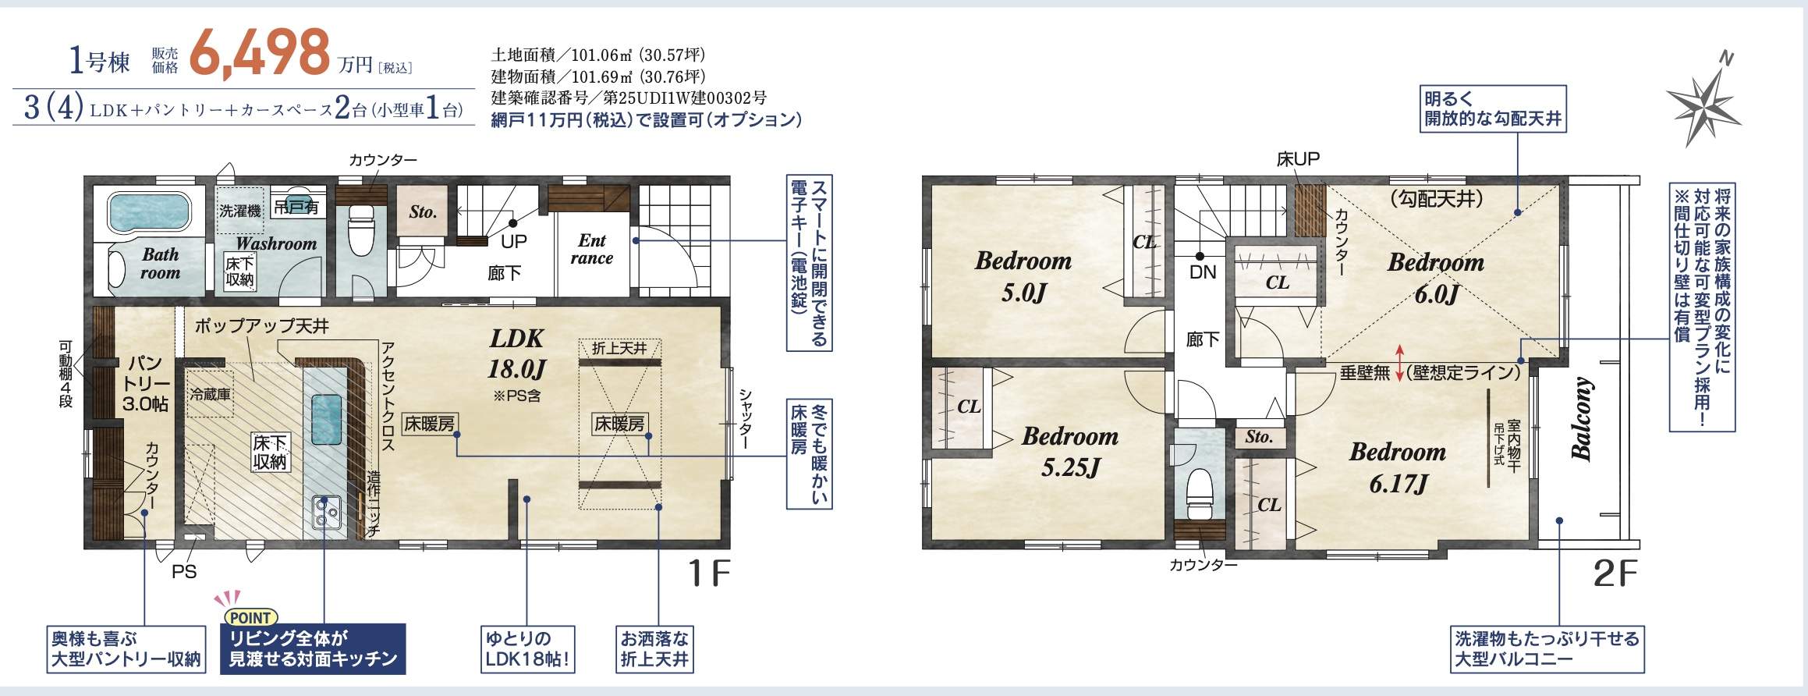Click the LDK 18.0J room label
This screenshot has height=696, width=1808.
point(516,353)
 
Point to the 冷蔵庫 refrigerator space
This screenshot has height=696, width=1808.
point(210,395)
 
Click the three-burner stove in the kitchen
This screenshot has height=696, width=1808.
point(327,513)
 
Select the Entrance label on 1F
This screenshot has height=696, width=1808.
point(591,250)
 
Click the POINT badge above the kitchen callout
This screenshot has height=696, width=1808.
point(250,617)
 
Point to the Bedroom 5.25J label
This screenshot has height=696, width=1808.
point(1069,451)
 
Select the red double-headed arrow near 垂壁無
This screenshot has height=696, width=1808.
point(1400,363)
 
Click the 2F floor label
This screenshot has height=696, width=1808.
point(1615,575)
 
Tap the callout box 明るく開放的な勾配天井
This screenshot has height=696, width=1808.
point(1493,109)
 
